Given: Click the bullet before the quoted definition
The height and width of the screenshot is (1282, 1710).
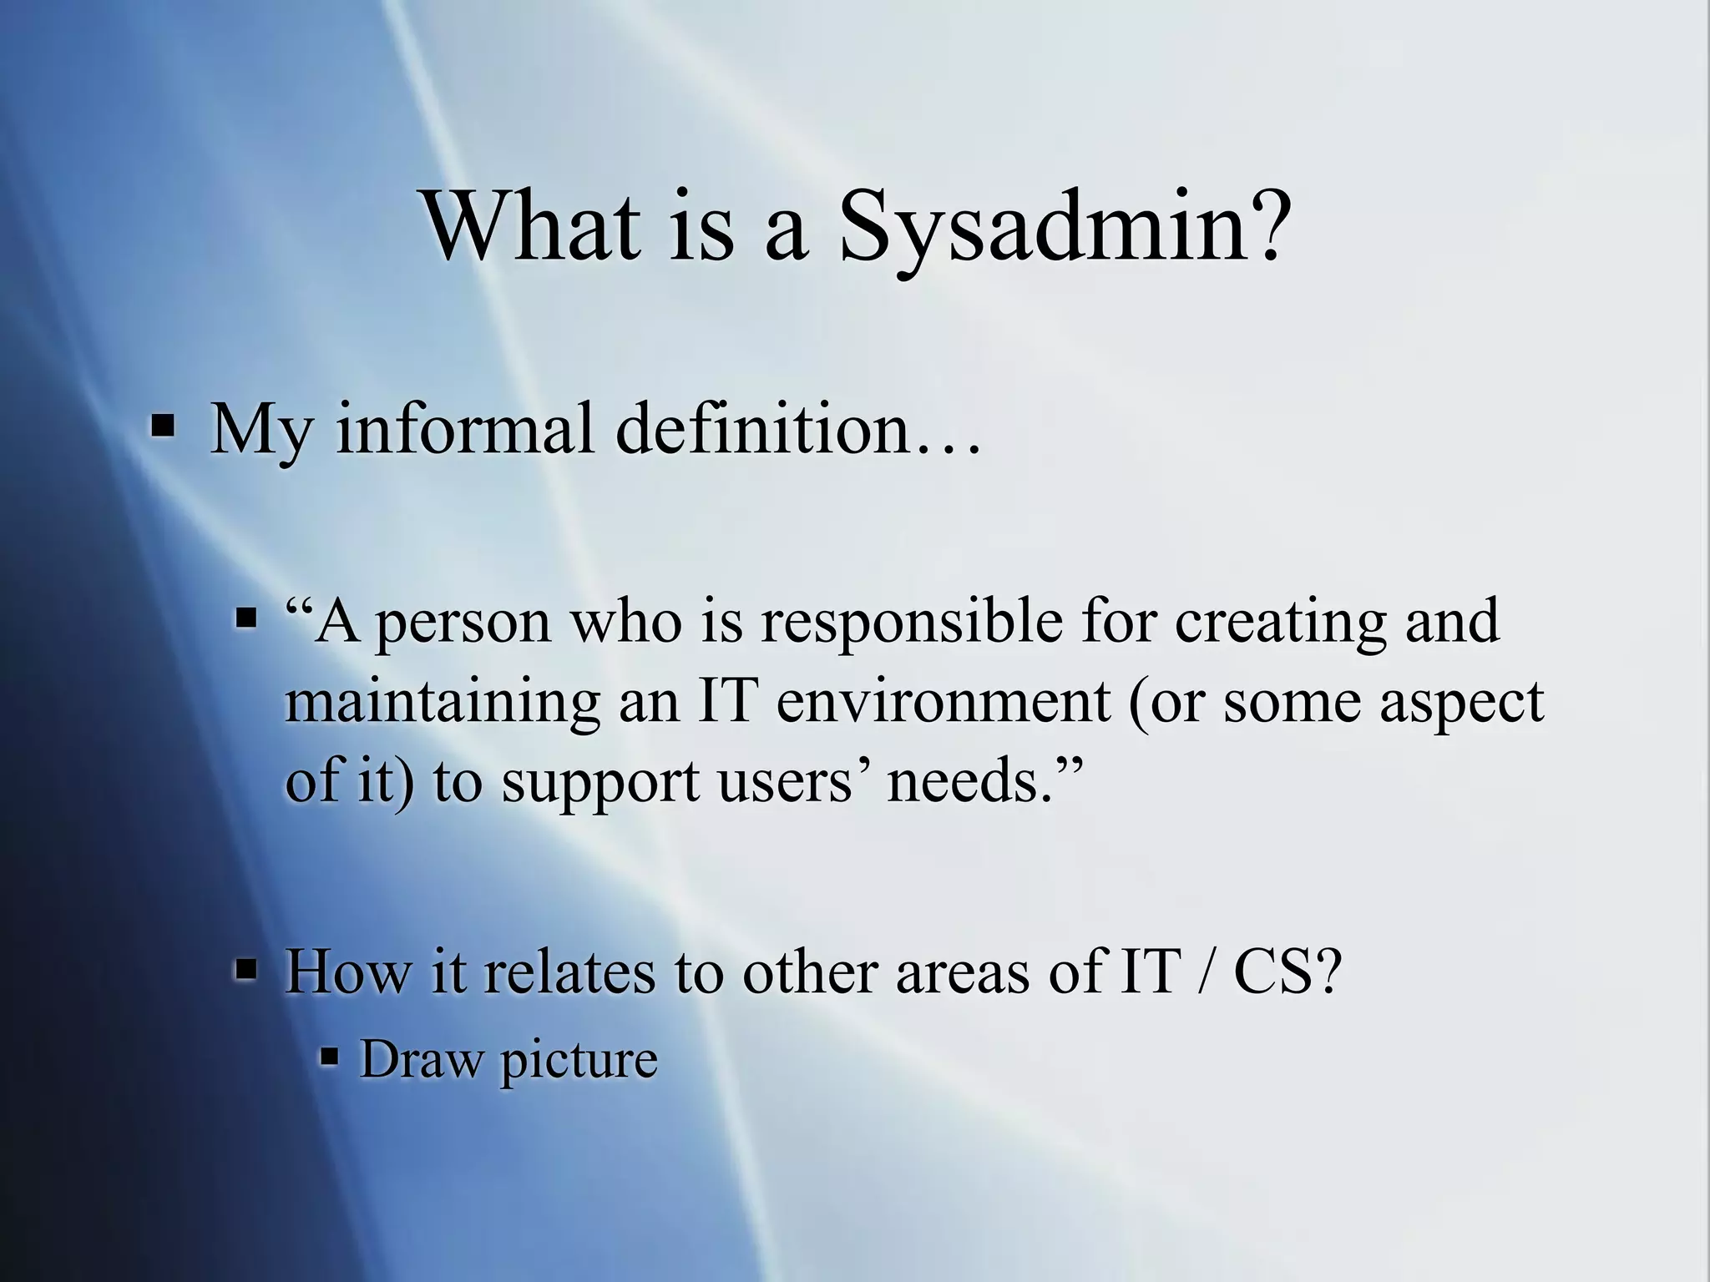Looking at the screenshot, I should (247, 619).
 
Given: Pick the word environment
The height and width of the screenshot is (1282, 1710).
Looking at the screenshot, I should (943, 701).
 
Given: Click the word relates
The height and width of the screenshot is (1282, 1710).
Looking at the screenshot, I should (568, 972).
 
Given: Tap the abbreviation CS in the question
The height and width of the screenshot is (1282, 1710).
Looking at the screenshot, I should (1286, 972).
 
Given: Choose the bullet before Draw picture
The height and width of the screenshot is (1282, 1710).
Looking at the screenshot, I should (331, 1058).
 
